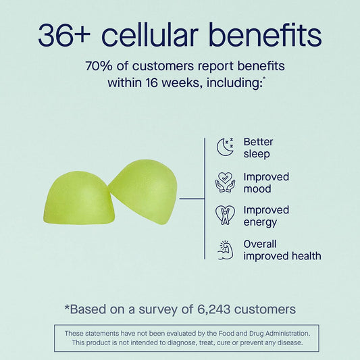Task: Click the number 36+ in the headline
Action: coord(64,35)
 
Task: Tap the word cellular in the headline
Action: coord(150,34)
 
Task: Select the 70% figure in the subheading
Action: coord(99,66)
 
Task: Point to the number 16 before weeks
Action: coord(151,82)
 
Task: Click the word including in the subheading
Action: coord(234,83)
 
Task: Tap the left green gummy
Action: coord(79,197)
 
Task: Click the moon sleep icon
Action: coord(225,147)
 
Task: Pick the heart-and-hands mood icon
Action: coord(225,182)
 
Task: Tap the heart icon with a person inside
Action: coord(225,215)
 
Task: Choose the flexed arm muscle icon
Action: coord(225,250)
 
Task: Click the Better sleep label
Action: coord(258,148)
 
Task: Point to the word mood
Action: coord(257,189)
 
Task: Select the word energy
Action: coord(260,223)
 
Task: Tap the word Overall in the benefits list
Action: coord(260,244)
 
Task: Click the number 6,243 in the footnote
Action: coord(213,309)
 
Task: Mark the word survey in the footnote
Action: coord(158,310)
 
